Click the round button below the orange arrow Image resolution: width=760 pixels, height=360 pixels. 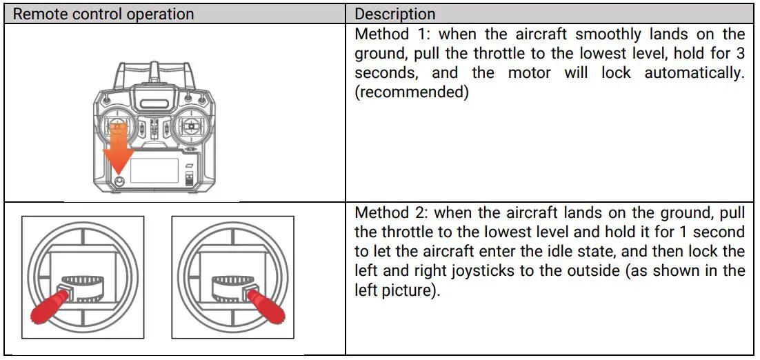pyautogui.click(x=119, y=181)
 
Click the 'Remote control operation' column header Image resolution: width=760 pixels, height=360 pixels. pyautogui.click(x=103, y=14)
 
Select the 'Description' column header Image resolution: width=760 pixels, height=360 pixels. pyautogui.click(x=395, y=14)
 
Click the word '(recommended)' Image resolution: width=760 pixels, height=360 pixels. pyautogui.click(x=412, y=92)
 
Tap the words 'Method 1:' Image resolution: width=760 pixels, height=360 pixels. pyautogui.click(x=393, y=34)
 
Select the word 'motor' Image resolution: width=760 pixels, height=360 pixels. pyautogui.click(x=529, y=72)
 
